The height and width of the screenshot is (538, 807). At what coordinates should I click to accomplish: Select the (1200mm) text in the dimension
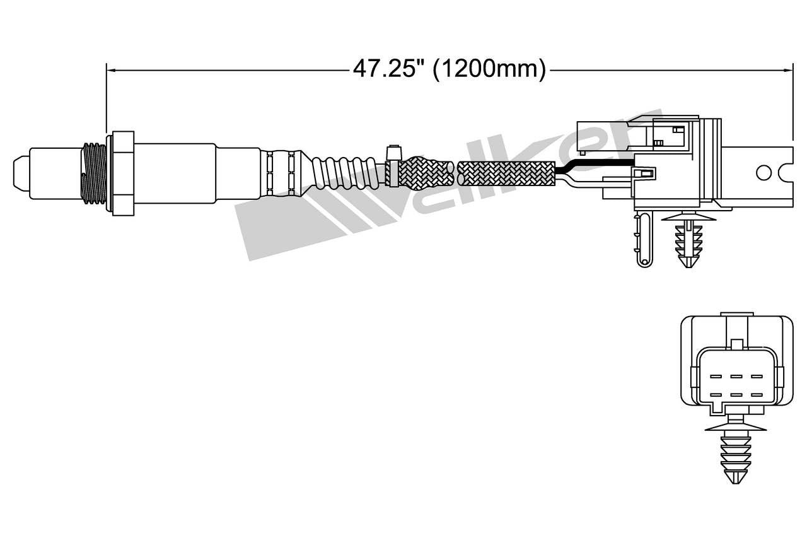pyautogui.click(x=489, y=69)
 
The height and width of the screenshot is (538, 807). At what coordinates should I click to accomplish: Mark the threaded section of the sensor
pyautogui.click(x=95, y=173)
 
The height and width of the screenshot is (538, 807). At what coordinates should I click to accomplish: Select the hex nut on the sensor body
pyautogui.click(x=122, y=173)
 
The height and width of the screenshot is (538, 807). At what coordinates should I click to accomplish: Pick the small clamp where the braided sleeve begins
pyautogui.click(x=393, y=167)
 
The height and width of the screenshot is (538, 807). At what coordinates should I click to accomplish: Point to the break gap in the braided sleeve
pyautogui.click(x=455, y=172)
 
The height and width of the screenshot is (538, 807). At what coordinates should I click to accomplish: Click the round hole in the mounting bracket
pyautogui.click(x=763, y=172)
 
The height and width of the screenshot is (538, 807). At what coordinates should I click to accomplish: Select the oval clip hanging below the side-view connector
pyautogui.click(x=644, y=240)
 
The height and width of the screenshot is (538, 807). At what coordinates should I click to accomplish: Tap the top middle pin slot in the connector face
pyautogui.click(x=735, y=376)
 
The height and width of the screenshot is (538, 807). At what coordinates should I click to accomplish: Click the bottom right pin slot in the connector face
pyautogui.click(x=756, y=395)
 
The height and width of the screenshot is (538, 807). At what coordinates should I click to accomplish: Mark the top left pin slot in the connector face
pyautogui.click(x=715, y=376)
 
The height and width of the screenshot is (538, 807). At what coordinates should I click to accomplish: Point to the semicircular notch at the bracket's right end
pyautogui.click(x=787, y=172)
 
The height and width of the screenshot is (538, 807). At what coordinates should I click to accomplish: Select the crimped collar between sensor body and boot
pyautogui.click(x=281, y=172)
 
